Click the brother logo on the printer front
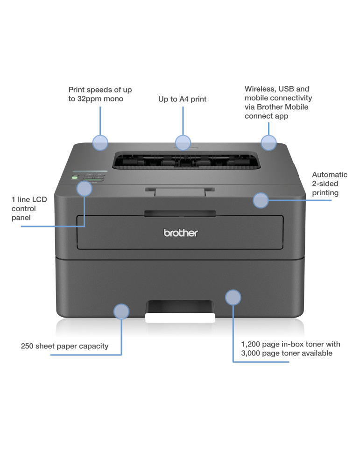click(x=180, y=233)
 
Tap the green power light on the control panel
click(x=74, y=178)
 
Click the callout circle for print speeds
click(x=100, y=142)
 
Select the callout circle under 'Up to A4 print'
click(x=183, y=142)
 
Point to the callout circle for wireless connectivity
click(x=268, y=142)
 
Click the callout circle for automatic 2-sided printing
click(x=261, y=200)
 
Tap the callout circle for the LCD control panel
click(x=84, y=189)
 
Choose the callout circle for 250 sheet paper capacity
click(x=121, y=311)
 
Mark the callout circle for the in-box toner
click(x=233, y=297)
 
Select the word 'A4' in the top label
click(x=184, y=99)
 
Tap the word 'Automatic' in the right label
click(x=330, y=175)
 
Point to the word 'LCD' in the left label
click(x=39, y=199)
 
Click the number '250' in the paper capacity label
click(x=27, y=346)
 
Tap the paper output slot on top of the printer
click(x=186, y=160)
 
